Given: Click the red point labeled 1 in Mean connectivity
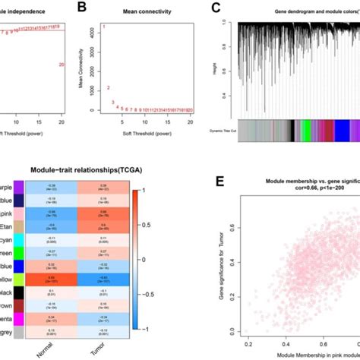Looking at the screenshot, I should click(x=103, y=28).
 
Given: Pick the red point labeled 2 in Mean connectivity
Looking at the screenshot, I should click(x=109, y=88).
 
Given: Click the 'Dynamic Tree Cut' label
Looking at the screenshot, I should click(x=221, y=131).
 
